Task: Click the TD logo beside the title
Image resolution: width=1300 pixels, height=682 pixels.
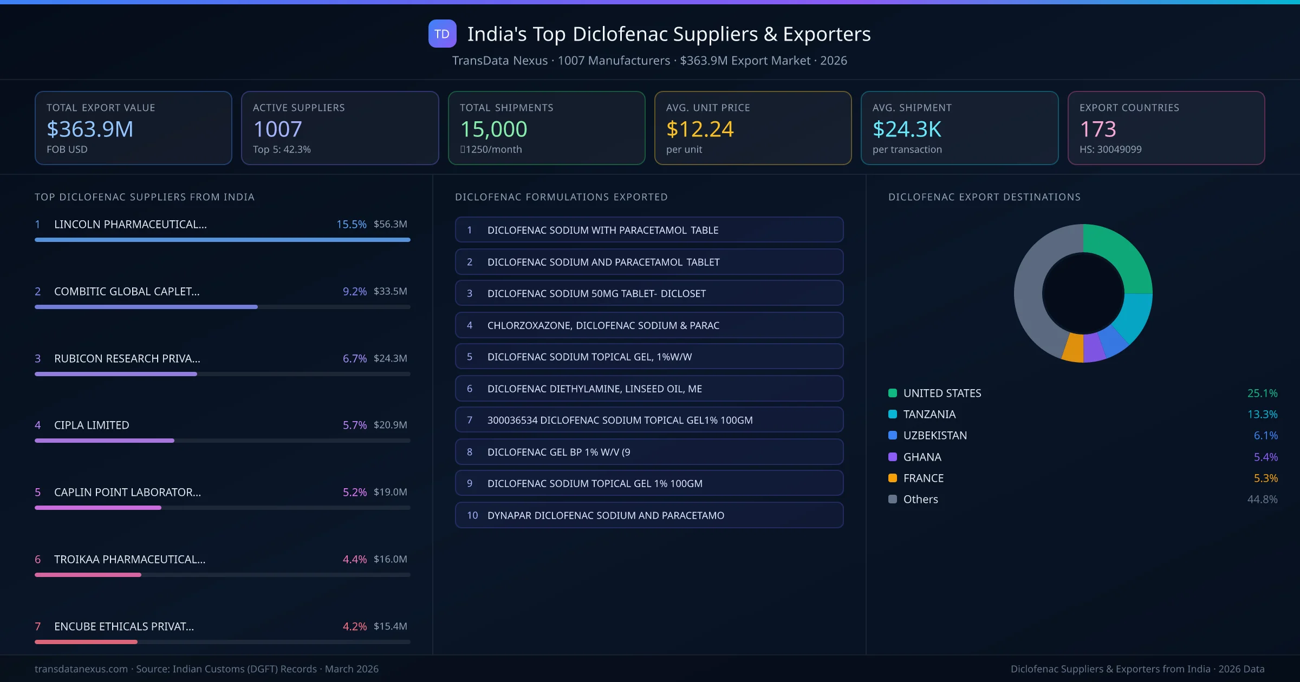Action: click(442, 34)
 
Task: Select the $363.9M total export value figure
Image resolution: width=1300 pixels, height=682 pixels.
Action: click(90, 129)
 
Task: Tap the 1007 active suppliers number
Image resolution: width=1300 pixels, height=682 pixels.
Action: click(277, 129)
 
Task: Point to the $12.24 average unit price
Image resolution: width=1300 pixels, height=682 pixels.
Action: click(700, 129)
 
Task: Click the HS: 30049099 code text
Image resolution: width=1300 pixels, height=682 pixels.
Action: click(1110, 149)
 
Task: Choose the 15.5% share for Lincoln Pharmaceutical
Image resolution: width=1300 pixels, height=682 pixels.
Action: click(351, 224)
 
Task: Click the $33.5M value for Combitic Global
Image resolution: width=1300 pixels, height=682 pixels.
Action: click(390, 291)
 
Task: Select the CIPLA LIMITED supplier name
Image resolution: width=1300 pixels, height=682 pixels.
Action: click(92, 425)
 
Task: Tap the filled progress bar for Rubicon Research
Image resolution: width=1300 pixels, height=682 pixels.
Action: click(115, 374)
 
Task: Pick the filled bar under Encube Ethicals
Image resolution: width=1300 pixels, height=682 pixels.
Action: click(86, 642)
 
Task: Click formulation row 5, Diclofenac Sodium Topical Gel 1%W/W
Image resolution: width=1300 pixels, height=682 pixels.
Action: click(649, 357)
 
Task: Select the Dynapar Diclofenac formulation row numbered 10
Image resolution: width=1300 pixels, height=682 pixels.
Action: click(649, 515)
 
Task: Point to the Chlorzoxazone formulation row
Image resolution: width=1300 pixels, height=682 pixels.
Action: click(649, 325)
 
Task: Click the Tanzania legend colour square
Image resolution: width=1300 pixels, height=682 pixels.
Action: click(893, 415)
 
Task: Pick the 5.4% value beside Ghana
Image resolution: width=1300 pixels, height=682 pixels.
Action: click(1265, 457)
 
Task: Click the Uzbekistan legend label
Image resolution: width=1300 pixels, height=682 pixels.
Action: click(935, 436)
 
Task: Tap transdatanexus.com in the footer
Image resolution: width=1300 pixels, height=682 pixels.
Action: click(81, 669)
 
